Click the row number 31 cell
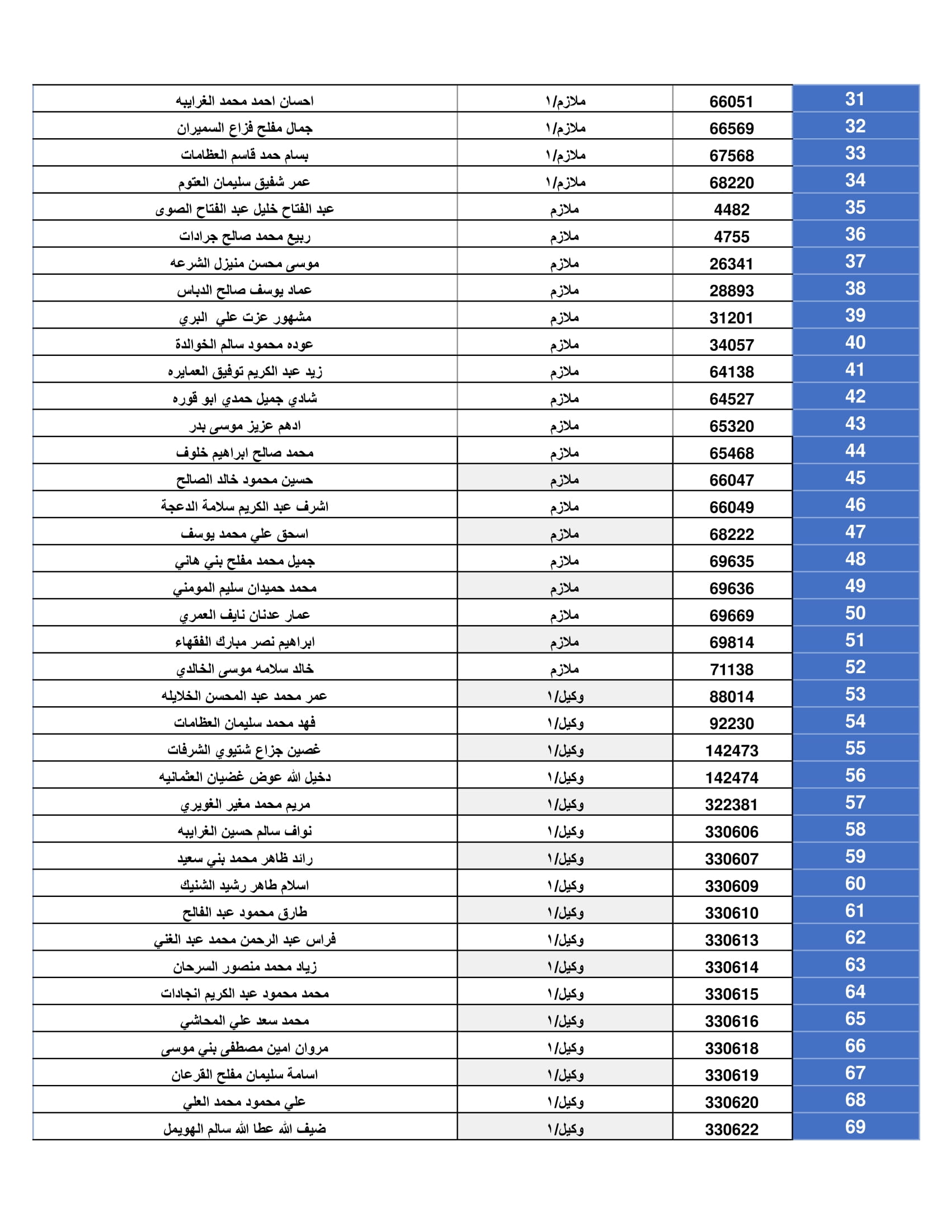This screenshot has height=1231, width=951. (855, 99)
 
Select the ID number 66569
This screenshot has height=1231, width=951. (731, 129)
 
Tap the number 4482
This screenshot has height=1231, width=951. (731, 210)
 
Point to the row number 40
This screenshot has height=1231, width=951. (855, 342)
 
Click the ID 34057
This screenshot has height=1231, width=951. (731, 345)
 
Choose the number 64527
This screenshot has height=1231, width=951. (731, 399)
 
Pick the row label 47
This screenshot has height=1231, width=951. (855, 532)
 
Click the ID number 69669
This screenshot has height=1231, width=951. (731, 615)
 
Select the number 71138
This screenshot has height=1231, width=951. (731, 670)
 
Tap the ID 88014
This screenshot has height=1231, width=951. (731, 697)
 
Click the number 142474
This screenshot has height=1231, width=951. (731, 778)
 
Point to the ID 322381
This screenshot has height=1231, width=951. (731, 805)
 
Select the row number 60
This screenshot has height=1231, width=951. (855, 883)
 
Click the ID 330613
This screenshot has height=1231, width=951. (731, 940)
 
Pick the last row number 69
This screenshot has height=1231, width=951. (855, 1127)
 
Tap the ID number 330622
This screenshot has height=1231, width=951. (731, 1130)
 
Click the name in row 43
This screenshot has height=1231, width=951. (244, 426)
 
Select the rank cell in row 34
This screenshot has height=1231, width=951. (565, 182)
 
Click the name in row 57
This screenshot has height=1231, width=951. (244, 804)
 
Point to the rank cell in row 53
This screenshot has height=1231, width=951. (565, 696)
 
